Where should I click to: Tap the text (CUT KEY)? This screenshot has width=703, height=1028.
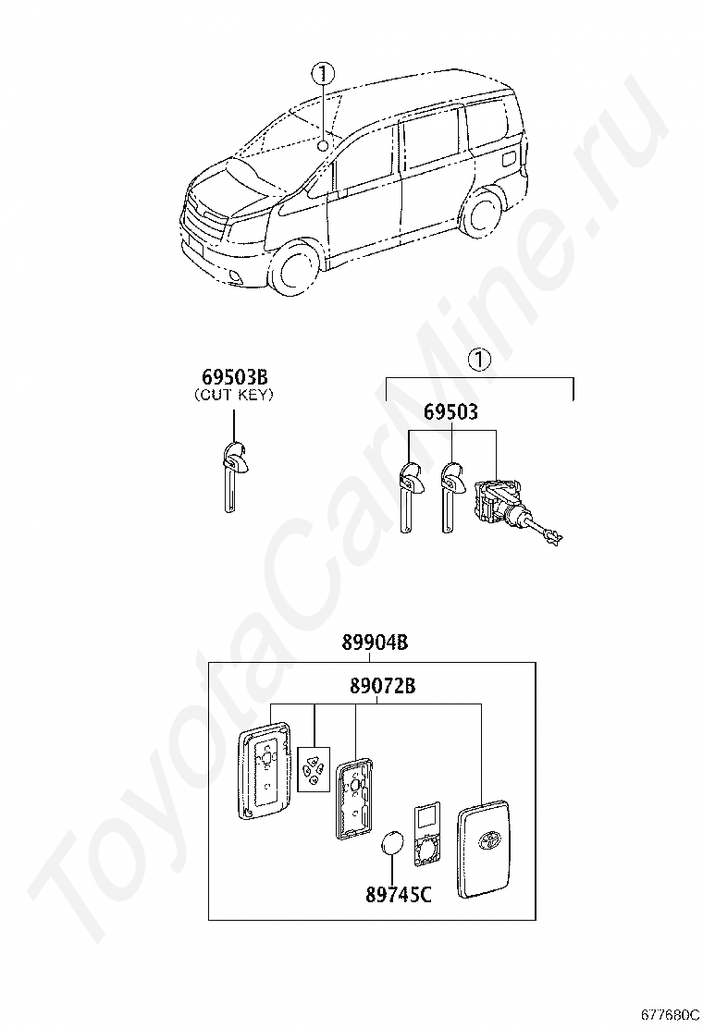[235, 396]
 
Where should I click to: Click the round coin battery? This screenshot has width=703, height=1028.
[394, 843]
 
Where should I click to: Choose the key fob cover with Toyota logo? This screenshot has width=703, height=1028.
[484, 844]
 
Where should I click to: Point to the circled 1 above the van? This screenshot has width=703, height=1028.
[322, 73]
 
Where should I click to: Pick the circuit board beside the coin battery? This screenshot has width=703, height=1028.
[426, 832]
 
